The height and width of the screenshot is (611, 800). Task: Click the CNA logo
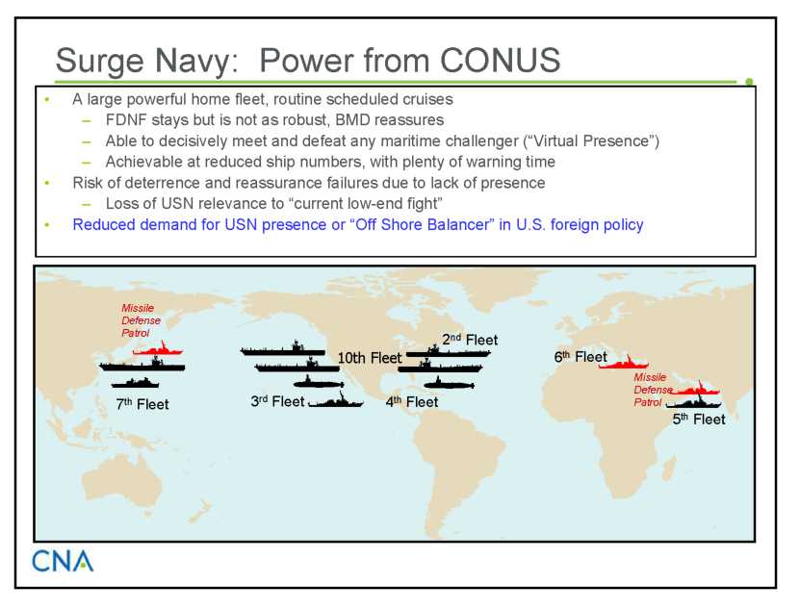click(x=63, y=561)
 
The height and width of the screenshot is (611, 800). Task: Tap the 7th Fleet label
click(x=142, y=404)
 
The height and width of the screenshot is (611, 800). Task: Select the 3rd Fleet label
click(x=277, y=401)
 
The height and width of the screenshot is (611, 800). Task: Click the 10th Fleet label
click(x=370, y=358)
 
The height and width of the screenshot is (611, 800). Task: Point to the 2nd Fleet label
click(x=470, y=340)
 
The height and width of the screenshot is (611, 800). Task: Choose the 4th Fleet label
click(x=412, y=402)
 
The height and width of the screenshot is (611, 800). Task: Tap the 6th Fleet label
click(x=581, y=357)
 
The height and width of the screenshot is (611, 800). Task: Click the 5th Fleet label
click(x=699, y=420)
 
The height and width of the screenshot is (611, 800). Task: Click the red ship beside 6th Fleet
click(x=624, y=363)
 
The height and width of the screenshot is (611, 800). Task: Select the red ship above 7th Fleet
click(x=158, y=349)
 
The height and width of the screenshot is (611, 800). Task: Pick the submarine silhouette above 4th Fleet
click(x=449, y=384)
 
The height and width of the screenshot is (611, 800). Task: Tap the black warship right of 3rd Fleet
click(x=336, y=401)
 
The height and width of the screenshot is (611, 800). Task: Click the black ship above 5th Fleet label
click(x=694, y=402)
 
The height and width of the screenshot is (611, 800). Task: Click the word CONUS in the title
click(x=500, y=61)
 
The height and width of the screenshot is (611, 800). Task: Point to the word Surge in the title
click(x=100, y=63)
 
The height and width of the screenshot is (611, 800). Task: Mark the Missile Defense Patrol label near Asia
click(x=141, y=320)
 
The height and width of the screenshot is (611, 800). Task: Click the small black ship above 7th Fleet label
click(x=135, y=383)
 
